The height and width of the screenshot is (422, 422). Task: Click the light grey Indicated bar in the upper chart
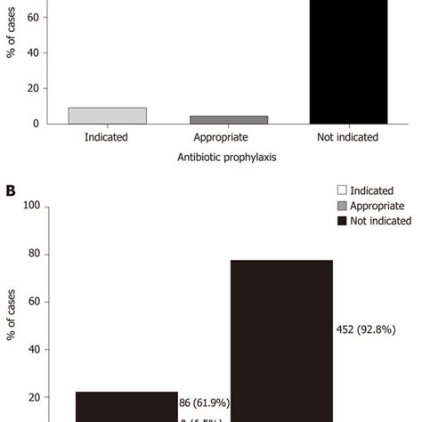click(108, 115)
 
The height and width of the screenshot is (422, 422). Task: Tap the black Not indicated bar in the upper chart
click(348, 62)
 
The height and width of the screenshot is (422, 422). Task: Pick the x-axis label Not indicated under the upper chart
click(348, 137)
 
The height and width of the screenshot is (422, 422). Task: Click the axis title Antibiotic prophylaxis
click(228, 158)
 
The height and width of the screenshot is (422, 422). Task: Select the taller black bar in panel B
click(281, 338)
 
